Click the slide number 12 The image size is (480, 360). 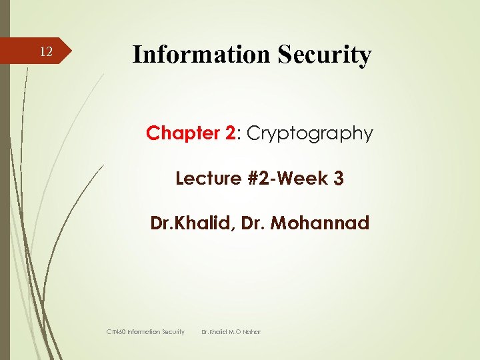(45, 52)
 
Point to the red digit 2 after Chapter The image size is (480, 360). (231, 133)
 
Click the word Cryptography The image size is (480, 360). (309, 133)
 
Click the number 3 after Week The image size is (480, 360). (339, 179)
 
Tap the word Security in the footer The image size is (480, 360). (170, 331)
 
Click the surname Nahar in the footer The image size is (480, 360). (252, 331)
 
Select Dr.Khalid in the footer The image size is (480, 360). (215, 331)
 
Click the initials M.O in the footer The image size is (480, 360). (236, 331)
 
